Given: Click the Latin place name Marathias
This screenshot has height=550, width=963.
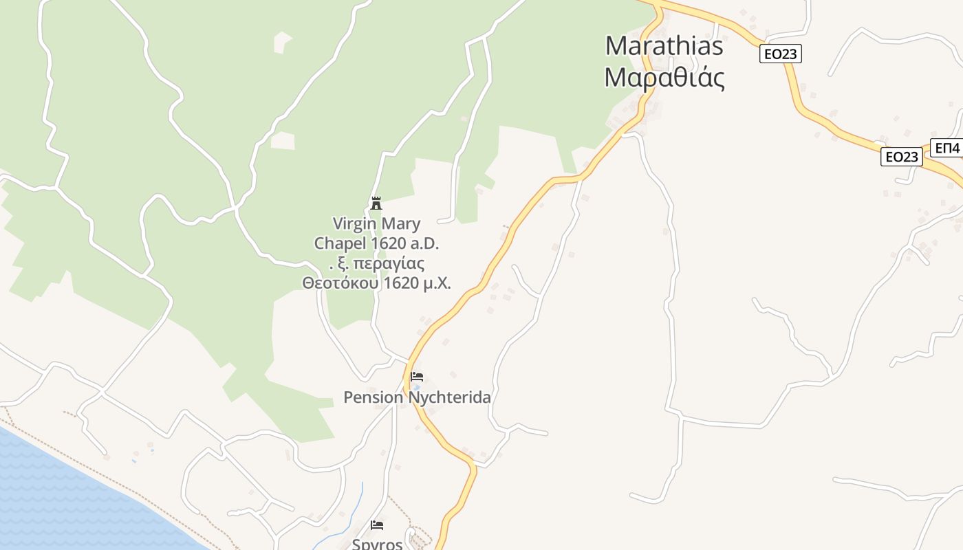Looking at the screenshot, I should (x=664, y=46).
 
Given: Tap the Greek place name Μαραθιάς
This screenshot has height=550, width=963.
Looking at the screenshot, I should (x=664, y=78).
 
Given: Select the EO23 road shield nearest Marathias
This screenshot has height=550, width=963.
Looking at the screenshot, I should (x=781, y=54).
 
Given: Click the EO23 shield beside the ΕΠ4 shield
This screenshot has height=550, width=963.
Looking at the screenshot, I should (x=901, y=157).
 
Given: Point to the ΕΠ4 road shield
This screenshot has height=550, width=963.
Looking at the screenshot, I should (x=947, y=147).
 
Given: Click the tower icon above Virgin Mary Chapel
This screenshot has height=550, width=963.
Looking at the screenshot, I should (x=376, y=203).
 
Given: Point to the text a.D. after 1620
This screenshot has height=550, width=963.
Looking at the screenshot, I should (x=422, y=243).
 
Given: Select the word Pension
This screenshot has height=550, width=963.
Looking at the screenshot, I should (x=374, y=397).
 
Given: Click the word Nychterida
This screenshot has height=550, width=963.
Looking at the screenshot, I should (x=450, y=397).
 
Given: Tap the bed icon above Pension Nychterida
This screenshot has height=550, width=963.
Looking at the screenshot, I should (x=416, y=377).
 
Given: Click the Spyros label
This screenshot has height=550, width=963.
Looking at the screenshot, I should (x=377, y=544).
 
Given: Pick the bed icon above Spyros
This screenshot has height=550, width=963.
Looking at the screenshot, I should (x=377, y=525).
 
